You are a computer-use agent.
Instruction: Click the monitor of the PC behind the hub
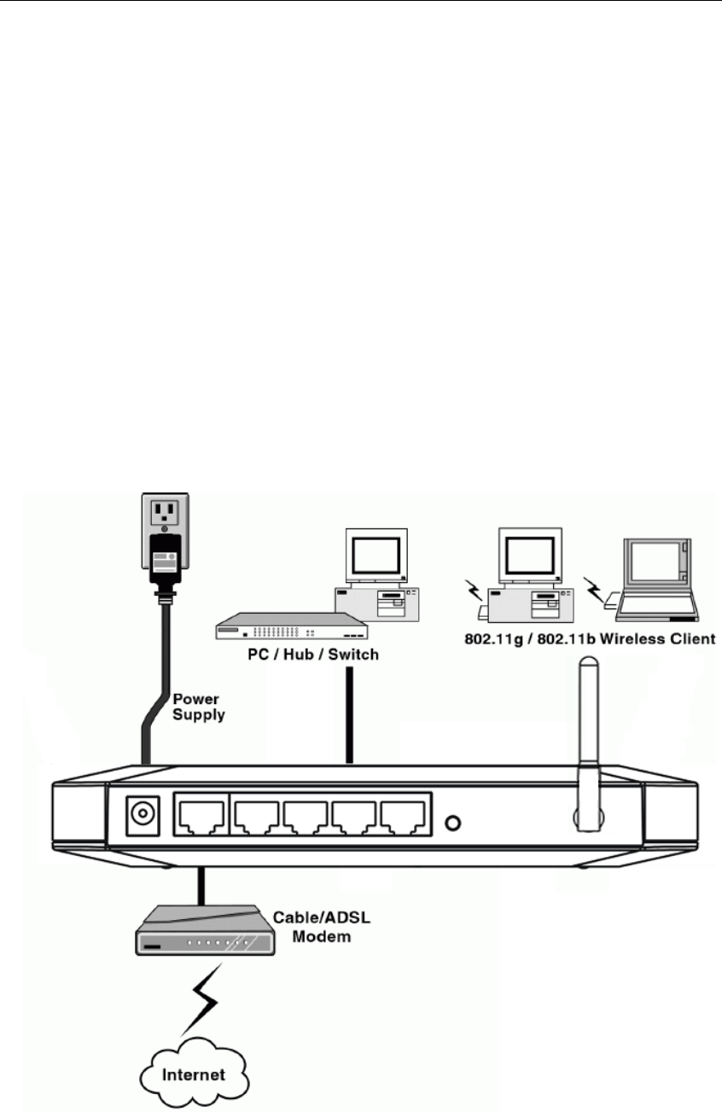[x=372, y=558]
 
